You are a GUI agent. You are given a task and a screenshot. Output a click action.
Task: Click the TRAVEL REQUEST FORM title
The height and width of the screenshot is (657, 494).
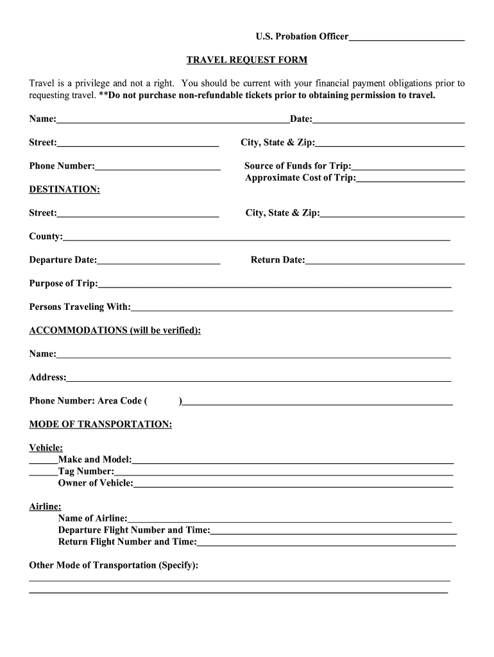246,60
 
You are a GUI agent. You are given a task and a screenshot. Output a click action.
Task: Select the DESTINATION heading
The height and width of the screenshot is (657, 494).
64,190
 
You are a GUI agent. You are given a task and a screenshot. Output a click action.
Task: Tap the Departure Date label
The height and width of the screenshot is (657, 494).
63,260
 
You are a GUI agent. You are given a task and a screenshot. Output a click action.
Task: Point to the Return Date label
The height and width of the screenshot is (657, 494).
278,260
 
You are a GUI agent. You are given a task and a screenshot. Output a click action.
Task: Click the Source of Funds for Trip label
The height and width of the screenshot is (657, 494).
298,166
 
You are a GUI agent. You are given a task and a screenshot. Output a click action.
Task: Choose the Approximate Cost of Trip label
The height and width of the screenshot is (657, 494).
300,178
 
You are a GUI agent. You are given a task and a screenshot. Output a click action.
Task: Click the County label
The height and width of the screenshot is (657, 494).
46,237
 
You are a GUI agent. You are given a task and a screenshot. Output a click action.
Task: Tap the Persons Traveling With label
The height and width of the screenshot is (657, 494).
80,307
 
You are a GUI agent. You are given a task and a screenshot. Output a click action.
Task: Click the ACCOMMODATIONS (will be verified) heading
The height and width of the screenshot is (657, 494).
115,330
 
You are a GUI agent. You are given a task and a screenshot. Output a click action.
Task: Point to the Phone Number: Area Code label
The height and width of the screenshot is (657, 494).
88,401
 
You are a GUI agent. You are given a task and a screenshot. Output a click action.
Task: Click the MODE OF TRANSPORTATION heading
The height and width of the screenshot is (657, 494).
100,425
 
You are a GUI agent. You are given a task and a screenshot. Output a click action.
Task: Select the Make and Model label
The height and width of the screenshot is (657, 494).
94,459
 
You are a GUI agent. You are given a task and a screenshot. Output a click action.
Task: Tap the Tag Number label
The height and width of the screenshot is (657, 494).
86,472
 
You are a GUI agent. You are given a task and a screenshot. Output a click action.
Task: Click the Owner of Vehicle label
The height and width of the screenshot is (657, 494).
96,483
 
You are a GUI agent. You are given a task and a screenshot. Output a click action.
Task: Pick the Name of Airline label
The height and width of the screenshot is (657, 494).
92,518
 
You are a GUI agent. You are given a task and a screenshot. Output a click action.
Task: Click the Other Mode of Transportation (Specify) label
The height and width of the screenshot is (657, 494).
114,565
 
